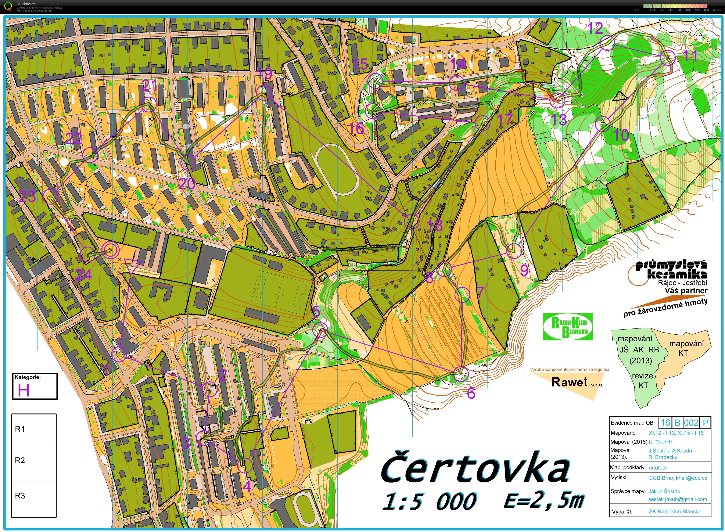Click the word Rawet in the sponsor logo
[x=569, y=382]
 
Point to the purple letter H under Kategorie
[x=24, y=390]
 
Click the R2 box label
[x=20, y=460]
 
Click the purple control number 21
[x=150, y=85]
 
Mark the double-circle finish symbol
[x=110, y=250]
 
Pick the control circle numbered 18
[x=412, y=221]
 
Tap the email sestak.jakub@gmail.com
[x=677, y=499]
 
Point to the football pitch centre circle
[x=280, y=292]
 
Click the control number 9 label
[x=524, y=270]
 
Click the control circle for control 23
[x=50, y=197]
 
